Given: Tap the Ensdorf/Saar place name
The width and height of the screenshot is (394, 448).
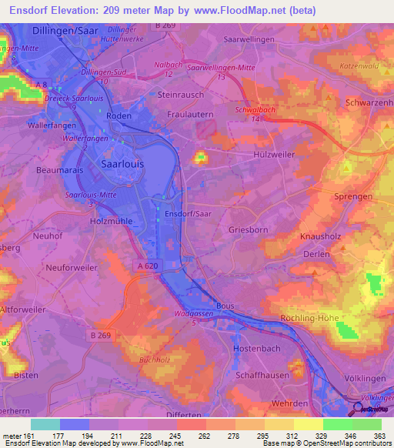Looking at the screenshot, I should point(188,213).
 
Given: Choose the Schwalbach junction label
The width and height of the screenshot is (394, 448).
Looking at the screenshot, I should point(253,110).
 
